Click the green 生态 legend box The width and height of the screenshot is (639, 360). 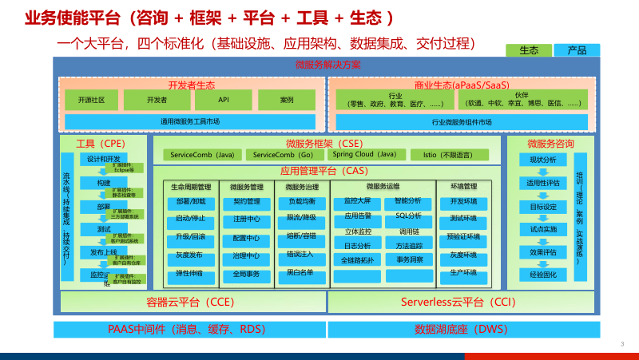pyautogui.click(x=529, y=50)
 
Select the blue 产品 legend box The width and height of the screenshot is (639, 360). pyautogui.click(x=577, y=50)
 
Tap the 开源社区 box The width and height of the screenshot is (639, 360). pyautogui.click(x=91, y=100)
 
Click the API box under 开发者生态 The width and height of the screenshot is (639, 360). pyautogui.click(x=224, y=100)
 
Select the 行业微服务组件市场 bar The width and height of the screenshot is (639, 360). pyautogui.click(x=461, y=121)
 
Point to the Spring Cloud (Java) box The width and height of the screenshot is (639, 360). pyautogui.click(x=364, y=154)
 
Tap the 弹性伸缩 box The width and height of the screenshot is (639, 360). pyautogui.click(x=190, y=273)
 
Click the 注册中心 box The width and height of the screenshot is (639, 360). pyautogui.click(x=246, y=220)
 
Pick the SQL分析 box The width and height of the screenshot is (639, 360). pyautogui.click(x=408, y=216)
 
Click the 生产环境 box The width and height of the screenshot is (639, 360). pyautogui.click(x=462, y=273)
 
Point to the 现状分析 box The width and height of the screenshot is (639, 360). pyautogui.click(x=542, y=160)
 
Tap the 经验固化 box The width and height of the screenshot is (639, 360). pyautogui.click(x=542, y=275)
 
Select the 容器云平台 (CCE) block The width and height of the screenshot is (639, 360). pyautogui.click(x=189, y=303)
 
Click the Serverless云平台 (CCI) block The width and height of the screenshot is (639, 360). pyautogui.click(x=461, y=303)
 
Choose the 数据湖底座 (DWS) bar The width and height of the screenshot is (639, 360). pyautogui.click(x=461, y=329)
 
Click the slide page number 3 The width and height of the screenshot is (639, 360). pyautogui.click(x=621, y=344)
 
